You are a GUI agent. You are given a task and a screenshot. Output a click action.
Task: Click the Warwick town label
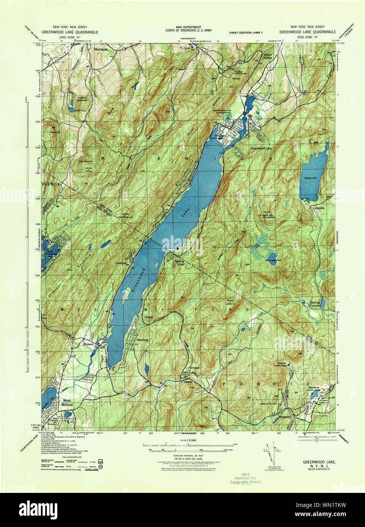[101, 49]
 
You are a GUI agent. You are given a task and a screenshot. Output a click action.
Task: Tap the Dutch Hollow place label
[268, 56]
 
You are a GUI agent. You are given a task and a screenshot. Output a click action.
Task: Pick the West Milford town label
[67, 403]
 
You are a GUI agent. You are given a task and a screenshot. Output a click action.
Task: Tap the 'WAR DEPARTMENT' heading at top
[183, 27]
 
